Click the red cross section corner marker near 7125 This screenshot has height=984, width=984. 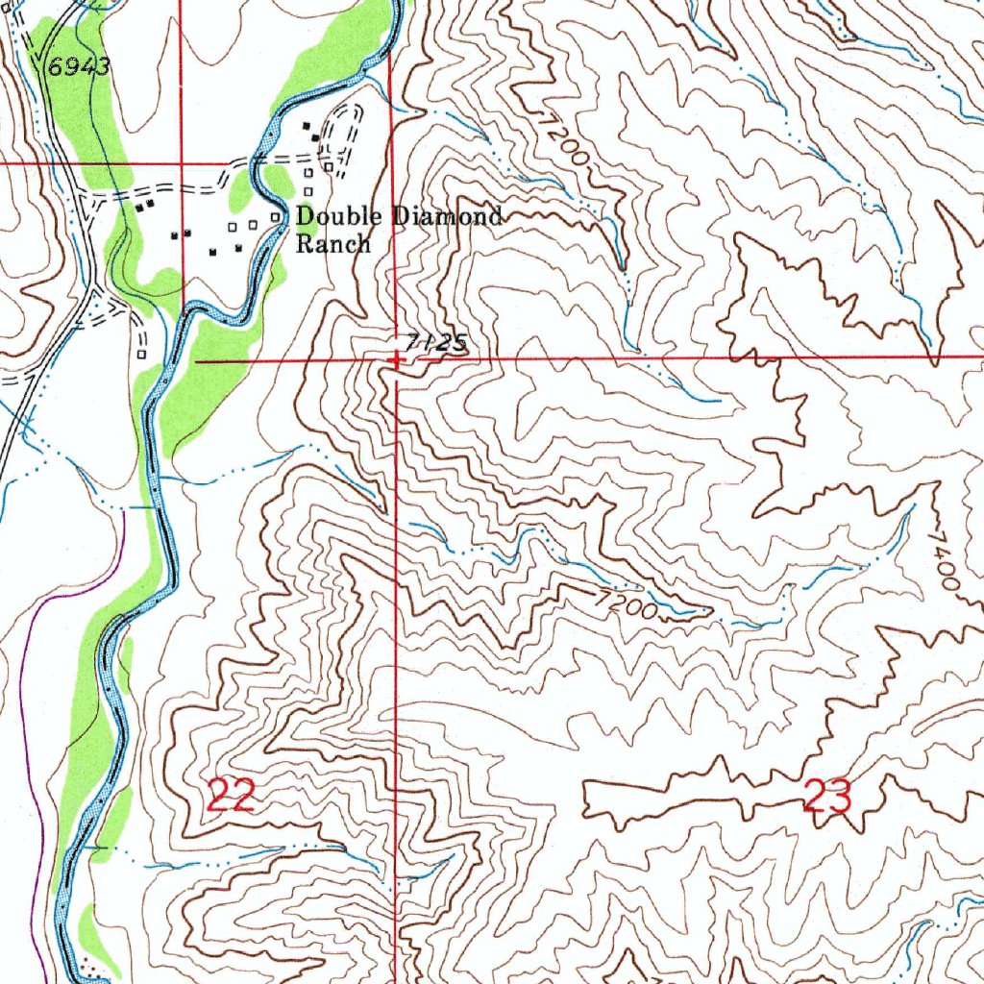(x=395, y=360)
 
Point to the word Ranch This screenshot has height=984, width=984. (x=332, y=244)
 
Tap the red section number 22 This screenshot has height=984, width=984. (x=231, y=796)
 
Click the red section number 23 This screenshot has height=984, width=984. (x=827, y=798)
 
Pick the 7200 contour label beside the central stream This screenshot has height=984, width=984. (x=626, y=605)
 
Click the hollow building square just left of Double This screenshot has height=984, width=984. (x=276, y=218)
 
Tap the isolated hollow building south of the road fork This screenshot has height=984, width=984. (x=141, y=354)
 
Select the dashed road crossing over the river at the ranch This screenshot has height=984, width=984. (x=256, y=159)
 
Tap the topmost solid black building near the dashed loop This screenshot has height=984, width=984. (x=307, y=127)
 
